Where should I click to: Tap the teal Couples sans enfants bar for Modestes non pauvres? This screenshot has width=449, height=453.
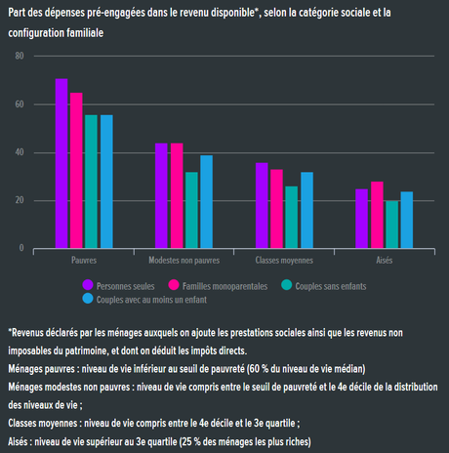pos(191,211)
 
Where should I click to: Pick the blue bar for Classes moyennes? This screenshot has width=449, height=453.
pos(306,211)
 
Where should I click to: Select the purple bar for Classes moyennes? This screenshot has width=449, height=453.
pos(262,206)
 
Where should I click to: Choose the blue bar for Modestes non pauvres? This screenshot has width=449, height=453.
pos(206,202)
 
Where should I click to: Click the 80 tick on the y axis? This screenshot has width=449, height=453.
pos(20,56)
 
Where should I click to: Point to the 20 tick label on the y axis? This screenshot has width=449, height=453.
pos(20,200)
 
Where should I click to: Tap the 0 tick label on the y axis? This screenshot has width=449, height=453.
pos(21,249)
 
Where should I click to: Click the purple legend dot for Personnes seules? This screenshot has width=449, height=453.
pos(88,284)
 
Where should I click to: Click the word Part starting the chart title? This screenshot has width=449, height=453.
pos(17,11)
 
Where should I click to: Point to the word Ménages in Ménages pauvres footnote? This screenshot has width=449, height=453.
pos(27,369)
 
